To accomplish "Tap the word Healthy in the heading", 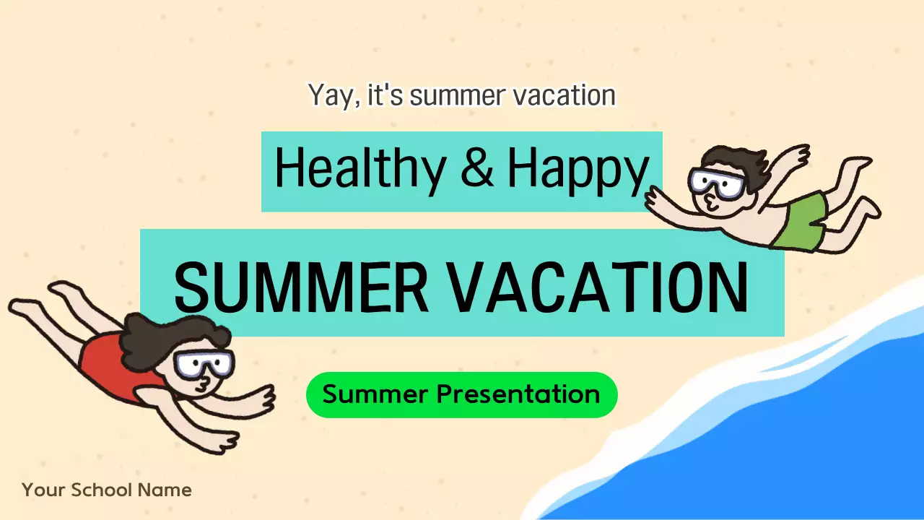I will tap(359, 170).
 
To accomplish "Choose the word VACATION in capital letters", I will tap(599, 286).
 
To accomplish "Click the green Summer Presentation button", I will tap(461, 395).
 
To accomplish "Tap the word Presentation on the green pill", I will tap(518, 395).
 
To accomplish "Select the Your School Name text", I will tap(107, 490).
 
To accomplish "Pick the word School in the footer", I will tap(102, 490).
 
